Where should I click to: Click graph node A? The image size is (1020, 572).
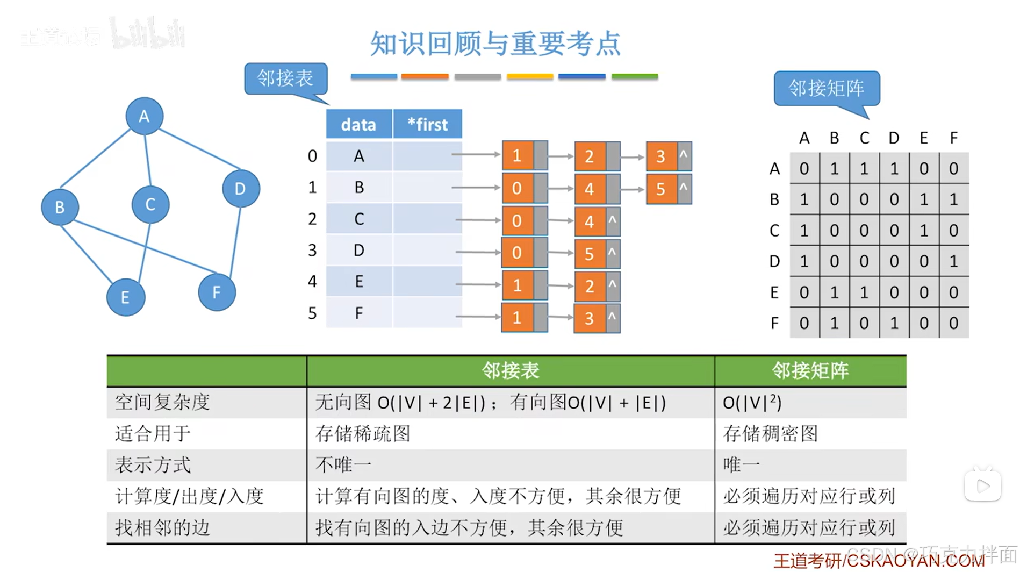point(144,116)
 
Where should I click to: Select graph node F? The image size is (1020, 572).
point(217,292)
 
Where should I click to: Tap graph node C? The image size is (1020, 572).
point(150,204)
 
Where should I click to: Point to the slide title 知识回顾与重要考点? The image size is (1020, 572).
point(495,44)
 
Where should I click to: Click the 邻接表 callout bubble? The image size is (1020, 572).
point(285,79)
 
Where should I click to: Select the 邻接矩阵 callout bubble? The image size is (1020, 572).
point(826,88)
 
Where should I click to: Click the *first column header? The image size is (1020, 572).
point(427,125)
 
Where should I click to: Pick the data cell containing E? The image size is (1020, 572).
point(359,281)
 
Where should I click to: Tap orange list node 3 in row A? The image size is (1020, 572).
point(661,156)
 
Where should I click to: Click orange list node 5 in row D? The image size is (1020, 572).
point(589,253)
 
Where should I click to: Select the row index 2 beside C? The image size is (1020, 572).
point(312,219)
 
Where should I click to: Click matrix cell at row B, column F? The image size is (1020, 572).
point(953,199)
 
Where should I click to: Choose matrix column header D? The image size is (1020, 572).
point(894,138)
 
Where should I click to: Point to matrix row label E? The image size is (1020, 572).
point(774,292)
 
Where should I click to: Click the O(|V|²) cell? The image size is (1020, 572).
point(752,402)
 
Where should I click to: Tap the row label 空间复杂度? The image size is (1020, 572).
point(162,402)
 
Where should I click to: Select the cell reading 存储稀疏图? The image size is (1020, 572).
point(363,433)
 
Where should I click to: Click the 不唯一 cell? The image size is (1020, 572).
point(343,464)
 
